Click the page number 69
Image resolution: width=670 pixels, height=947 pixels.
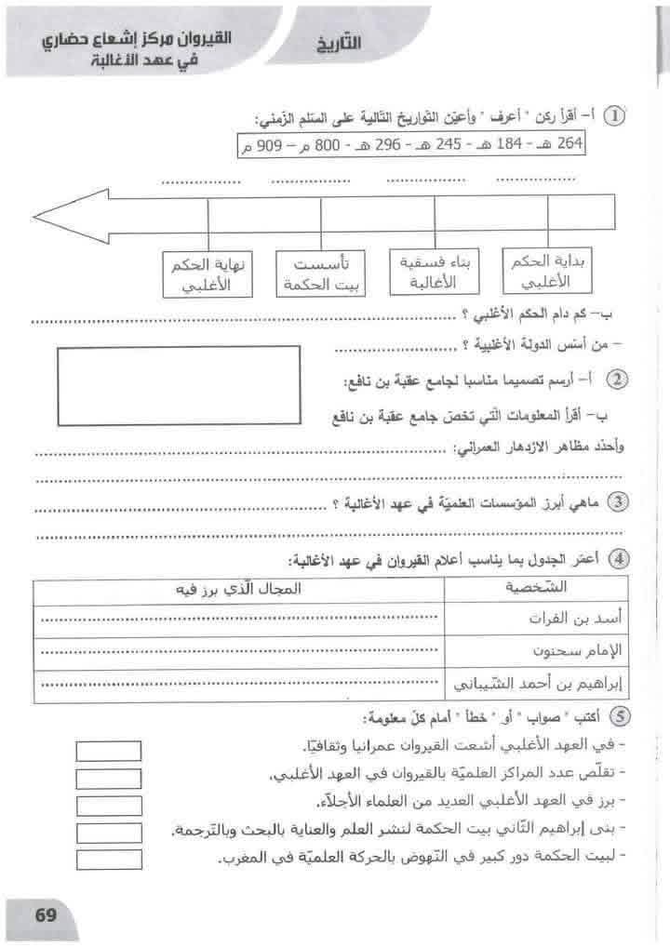[x=46, y=915]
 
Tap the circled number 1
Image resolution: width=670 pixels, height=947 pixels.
[x=613, y=116]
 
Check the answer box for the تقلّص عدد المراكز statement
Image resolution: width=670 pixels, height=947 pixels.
[x=108, y=778]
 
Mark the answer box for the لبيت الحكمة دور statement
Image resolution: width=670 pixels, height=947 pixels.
[x=108, y=860]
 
